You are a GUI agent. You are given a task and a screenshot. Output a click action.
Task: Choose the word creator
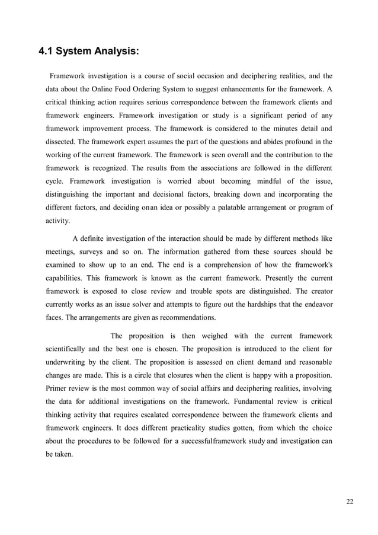[x=319, y=290]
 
